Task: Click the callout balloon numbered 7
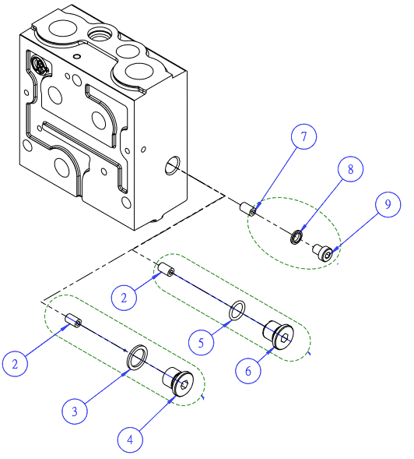click(x=303, y=136)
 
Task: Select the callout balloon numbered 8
click(x=350, y=169)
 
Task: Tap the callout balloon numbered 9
click(x=388, y=204)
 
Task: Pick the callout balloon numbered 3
click(x=75, y=411)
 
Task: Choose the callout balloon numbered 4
click(x=130, y=440)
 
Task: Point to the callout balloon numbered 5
click(x=201, y=342)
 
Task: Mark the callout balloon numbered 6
click(x=248, y=371)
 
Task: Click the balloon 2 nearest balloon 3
click(x=15, y=364)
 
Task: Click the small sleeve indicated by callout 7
click(x=247, y=209)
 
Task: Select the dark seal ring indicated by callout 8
click(x=296, y=237)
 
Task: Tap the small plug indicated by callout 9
click(x=322, y=252)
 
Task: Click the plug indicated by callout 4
click(x=177, y=381)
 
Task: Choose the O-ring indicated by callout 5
click(x=237, y=310)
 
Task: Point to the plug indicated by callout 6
click(x=279, y=334)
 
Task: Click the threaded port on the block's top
click(x=100, y=35)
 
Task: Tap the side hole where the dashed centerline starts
click(x=173, y=165)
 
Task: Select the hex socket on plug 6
click(x=285, y=337)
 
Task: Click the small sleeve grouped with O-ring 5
click(x=166, y=270)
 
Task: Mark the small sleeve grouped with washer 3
click(x=73, y=320)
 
